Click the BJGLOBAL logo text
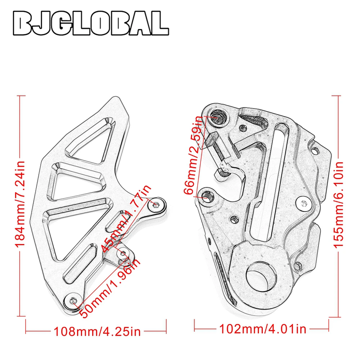[91, 23]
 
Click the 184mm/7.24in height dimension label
[20, 204]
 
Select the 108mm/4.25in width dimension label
[97, 332]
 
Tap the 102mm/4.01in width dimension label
[263, 329]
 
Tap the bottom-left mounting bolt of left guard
[73, 300]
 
